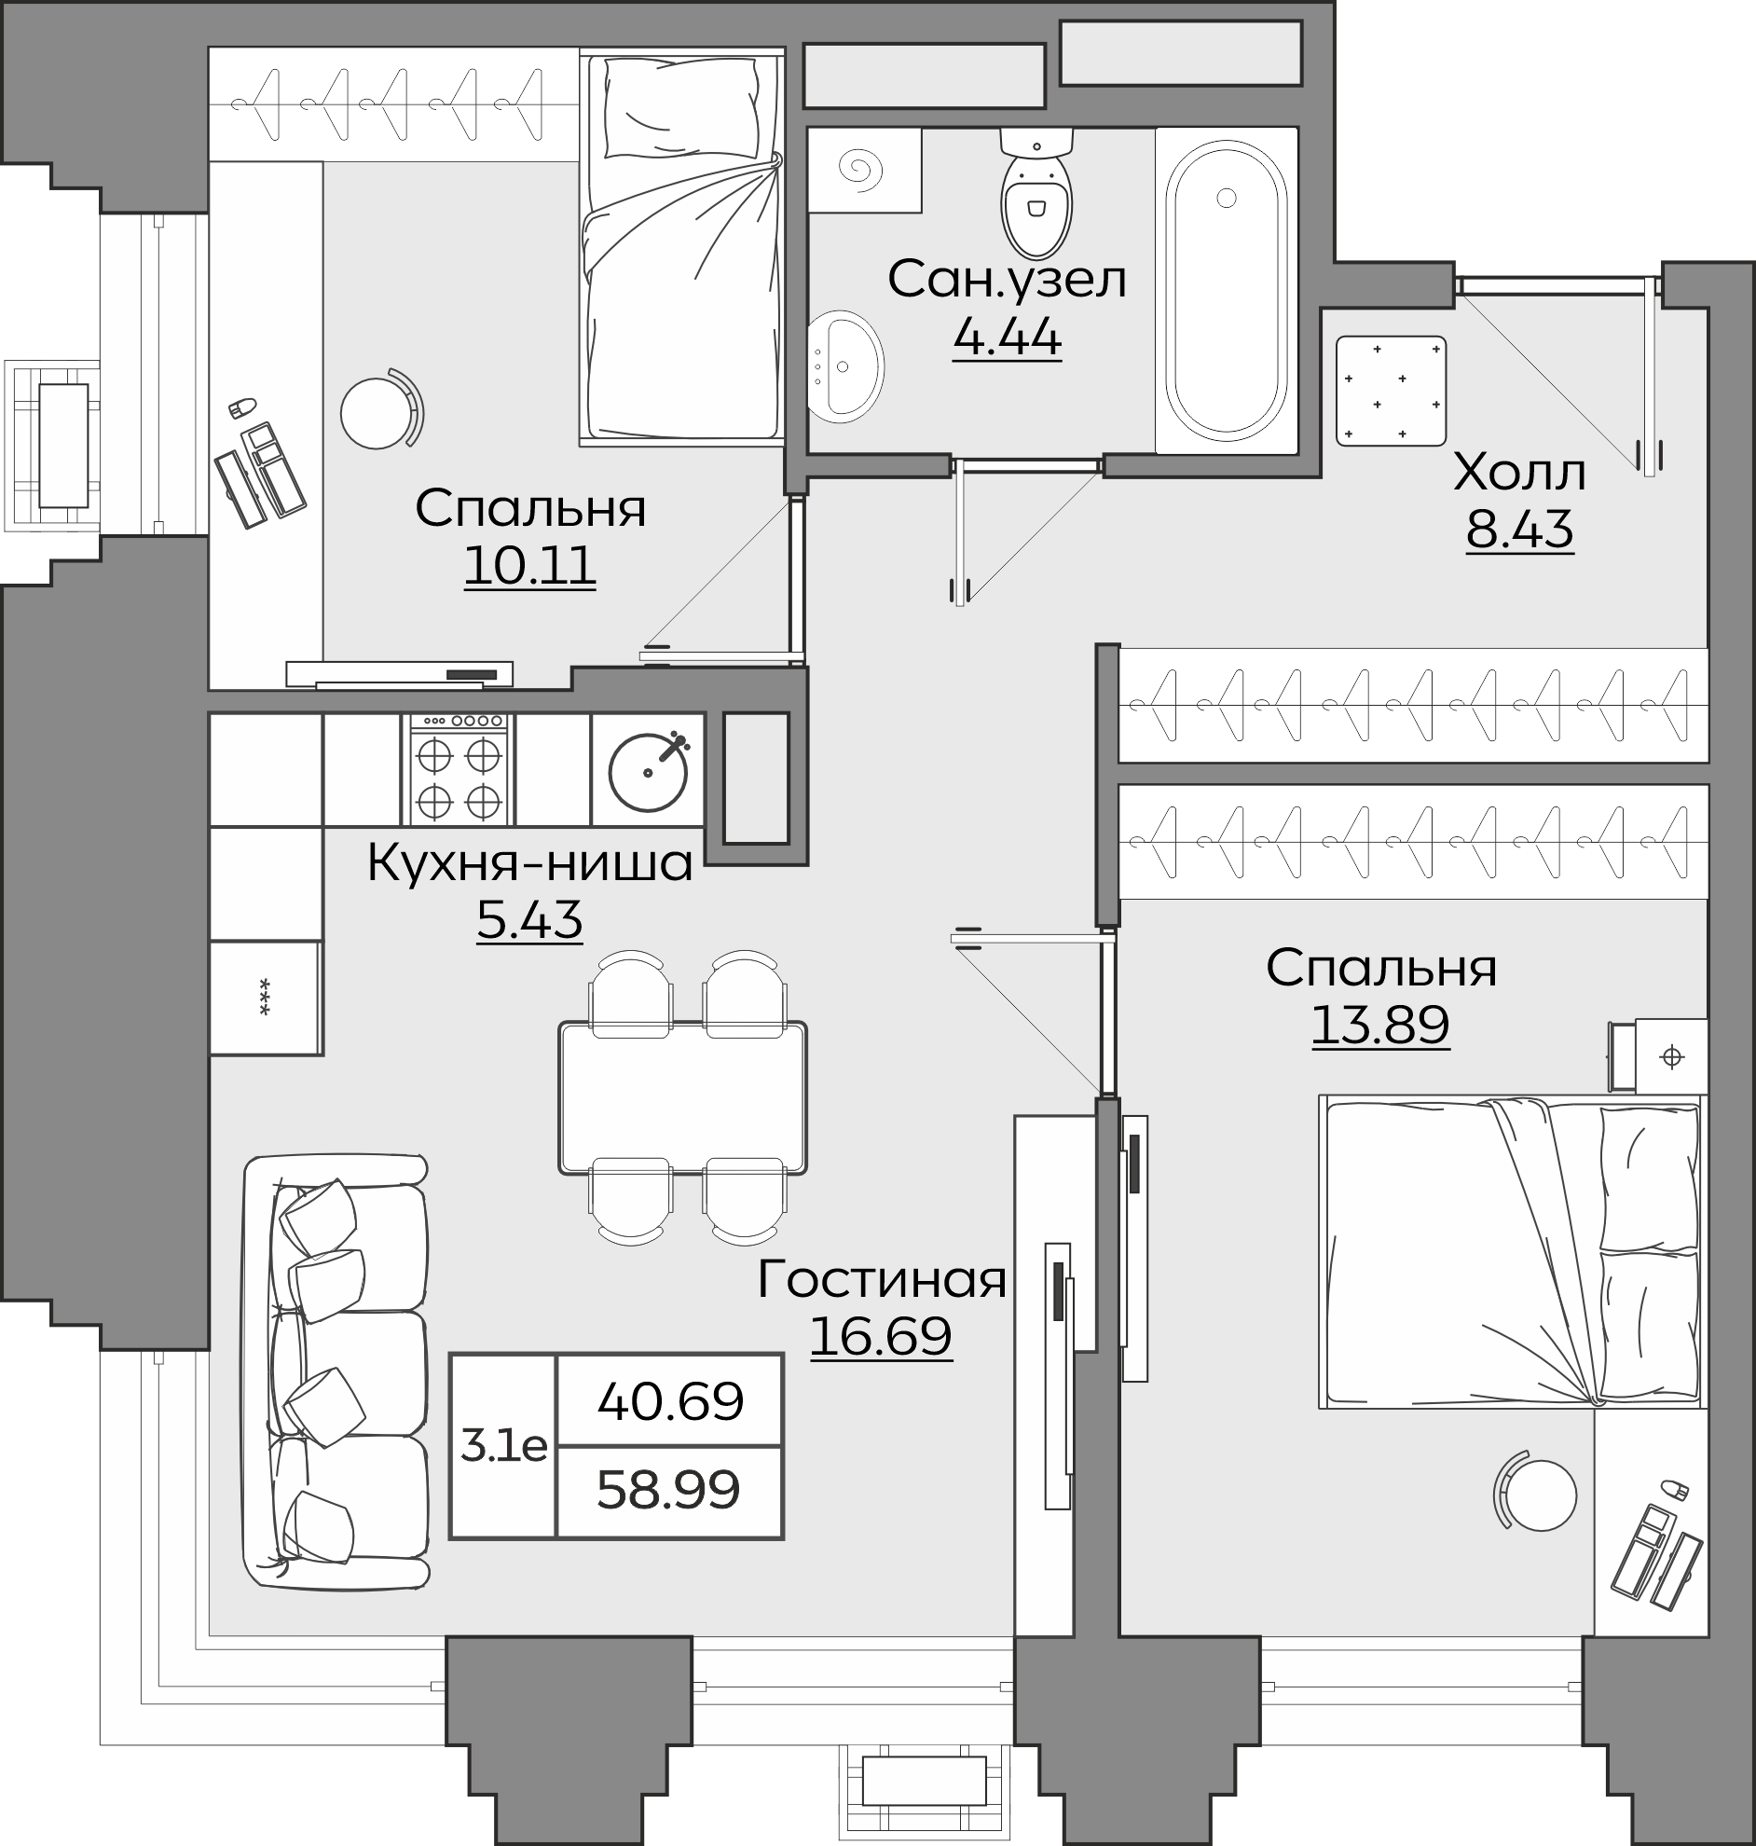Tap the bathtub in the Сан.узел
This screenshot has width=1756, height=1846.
(x=1227, y=290)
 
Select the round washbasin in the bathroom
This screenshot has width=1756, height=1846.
(x=845, y=367)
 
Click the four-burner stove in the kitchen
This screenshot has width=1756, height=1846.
(x=459, y=769)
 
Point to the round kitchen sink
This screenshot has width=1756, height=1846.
(x=649, y=770)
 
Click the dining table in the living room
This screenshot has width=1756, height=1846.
(x=682, y=1097)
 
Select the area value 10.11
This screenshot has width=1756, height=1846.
(x=529, y=566)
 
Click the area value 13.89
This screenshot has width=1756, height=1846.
(x=1380, y=1025)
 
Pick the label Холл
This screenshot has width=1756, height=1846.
(x=1519, y=474)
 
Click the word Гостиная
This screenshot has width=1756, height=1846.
(x=882, y=1279)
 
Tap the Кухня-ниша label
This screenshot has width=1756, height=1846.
(x=529, y=862)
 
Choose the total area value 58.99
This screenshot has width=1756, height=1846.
(x=668, y=1489)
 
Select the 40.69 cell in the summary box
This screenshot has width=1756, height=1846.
(x=670, y=1401)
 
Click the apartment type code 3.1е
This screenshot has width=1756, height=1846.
(x=503, y=1447)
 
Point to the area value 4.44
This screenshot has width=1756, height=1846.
(x=1008, y=338)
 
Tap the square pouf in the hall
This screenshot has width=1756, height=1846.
(x=1391, y=392)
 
